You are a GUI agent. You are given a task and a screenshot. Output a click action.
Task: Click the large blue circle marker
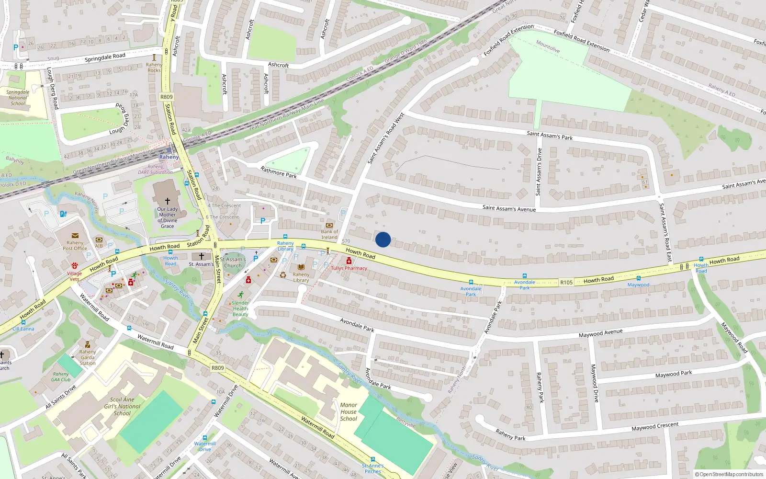(x=383, y=239)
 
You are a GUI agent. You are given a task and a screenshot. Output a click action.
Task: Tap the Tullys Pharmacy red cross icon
(x=349, y=261)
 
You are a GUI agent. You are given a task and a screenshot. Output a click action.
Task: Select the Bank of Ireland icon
(x=329, y=225)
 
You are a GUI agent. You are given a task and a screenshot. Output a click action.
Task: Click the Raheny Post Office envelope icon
(x=75, y=236)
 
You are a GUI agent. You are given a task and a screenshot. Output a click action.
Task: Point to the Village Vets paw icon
(x=75, y=266)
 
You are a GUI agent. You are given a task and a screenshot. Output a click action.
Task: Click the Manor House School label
(x=349, y=411)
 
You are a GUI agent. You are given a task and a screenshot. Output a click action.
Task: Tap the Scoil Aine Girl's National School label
(x=122, y=406)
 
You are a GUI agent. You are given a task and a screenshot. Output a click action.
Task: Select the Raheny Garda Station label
(x=88, y=357)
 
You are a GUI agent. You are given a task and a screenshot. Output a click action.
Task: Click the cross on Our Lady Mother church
(x=167, y=201)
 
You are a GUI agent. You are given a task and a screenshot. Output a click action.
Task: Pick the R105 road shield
(x=566, y=283)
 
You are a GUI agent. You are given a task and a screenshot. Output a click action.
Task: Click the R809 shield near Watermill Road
(x=217, y=368)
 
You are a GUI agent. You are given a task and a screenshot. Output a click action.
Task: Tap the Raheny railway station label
(x=169, y=157)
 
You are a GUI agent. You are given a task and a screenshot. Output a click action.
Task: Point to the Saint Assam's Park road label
(x=550, y=136)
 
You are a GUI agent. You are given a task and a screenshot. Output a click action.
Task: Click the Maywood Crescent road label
(x=654, y=426)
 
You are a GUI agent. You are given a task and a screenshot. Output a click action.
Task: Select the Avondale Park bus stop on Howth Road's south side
(x=471, y=282)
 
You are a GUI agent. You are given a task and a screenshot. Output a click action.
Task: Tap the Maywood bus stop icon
(x=638, y=278)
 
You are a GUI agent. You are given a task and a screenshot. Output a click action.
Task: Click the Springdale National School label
(x=18, y=98)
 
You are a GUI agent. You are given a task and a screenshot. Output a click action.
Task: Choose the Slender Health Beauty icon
(x=240, y=295)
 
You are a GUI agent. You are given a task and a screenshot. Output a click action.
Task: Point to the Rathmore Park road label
(x=279, y=172)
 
